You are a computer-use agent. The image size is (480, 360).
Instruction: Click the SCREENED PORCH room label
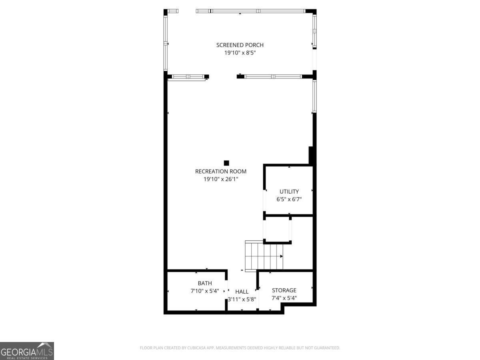[240, 45]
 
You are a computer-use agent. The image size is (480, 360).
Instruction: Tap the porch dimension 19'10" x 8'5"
[240, 53]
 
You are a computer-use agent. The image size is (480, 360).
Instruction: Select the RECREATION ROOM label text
[220, 172]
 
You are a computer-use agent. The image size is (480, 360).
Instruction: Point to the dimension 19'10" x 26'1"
[220, 179]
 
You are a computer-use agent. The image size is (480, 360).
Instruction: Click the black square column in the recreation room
[226, 163]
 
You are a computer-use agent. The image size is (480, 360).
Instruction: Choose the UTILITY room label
[289, 192]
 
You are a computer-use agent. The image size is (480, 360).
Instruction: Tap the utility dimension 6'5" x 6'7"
[289, 199]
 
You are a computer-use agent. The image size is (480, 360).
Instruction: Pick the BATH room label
[204, 283]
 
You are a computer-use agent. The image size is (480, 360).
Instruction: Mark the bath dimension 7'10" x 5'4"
[204, 291]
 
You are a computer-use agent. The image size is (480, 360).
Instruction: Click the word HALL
[242, 292]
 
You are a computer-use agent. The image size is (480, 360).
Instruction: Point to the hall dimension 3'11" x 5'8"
[242, 299]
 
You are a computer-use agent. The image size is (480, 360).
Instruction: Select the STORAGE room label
[284, 290]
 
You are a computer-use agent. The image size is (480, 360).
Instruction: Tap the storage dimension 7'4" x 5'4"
[284, 298]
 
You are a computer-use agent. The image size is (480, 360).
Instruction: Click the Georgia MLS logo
[27, 351]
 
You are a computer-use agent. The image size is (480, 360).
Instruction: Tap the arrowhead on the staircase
[282, 256]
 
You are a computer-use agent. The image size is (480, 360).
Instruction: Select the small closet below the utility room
[277, 229]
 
